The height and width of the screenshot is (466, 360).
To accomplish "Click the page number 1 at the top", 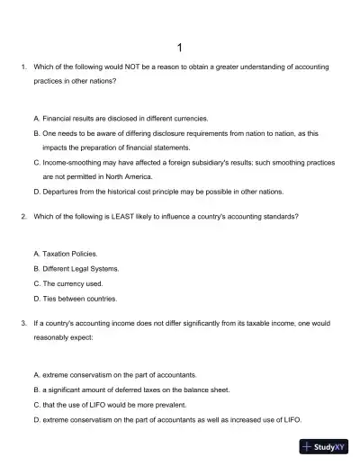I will pos(180,47).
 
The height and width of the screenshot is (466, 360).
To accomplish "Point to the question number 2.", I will pos(22,217).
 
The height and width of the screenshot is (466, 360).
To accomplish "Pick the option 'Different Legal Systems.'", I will pos(80,269).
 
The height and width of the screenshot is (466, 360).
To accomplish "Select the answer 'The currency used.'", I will pos(71,283).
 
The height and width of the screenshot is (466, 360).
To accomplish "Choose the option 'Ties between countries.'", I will pos(80,298).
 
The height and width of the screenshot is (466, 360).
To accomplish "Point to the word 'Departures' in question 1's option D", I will pos(62,192).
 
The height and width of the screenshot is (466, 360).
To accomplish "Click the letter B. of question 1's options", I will pos(36,132).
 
